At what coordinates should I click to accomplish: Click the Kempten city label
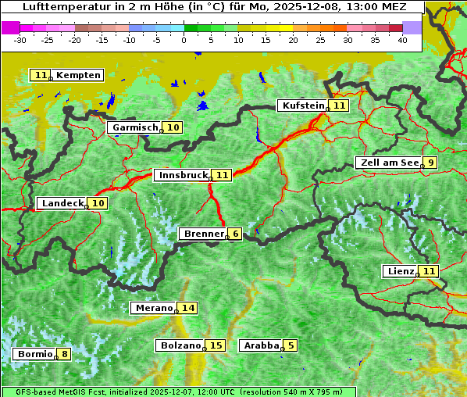79,75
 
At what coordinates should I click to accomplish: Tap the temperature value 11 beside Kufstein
338,106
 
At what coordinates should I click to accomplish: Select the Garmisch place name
136,127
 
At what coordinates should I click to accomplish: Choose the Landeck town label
62,203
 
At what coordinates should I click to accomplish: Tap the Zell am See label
387,163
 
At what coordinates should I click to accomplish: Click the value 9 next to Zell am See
430,163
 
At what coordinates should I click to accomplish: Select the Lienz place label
401,271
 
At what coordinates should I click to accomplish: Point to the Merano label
153,308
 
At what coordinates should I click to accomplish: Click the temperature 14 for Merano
188,308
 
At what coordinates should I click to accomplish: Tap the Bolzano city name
180,345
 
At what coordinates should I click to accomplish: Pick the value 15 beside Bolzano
216,345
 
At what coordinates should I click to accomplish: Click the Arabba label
261,345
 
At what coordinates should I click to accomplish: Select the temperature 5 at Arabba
291,345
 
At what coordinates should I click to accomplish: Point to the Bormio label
35,354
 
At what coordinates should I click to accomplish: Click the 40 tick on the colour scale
402,40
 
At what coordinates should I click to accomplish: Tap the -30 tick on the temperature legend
20,40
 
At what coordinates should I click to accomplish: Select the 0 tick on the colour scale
184,40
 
